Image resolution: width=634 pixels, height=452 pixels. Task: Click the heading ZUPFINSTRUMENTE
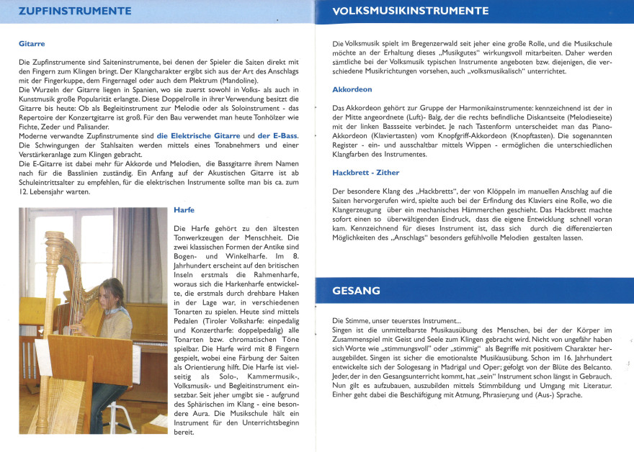coord(75,12)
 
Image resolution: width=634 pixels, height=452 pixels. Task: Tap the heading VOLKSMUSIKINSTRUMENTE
coord(411,12)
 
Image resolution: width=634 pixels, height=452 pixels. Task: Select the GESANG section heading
coord(357,291)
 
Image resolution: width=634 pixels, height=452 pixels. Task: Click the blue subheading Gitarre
coord(32,44)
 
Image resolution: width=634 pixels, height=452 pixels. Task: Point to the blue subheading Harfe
coord(184,210)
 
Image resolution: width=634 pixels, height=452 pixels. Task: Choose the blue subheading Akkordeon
coord(352,89)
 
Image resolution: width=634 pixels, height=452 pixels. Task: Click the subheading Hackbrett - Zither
coord(365,173)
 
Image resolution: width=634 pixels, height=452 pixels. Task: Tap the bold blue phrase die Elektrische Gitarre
coord(197,136)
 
